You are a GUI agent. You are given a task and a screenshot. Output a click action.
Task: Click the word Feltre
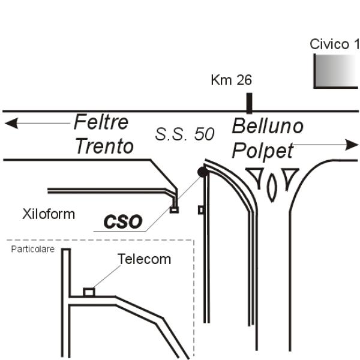pyautogui.click(x=101, y=122)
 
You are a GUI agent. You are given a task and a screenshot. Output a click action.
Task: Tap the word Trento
pyautogui.click(x=104, y=146)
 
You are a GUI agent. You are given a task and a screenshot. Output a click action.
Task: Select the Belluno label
pyautogui.click(x=268, y=127)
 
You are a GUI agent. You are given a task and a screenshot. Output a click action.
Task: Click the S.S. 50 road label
pyautogui.click(x=184, y=134)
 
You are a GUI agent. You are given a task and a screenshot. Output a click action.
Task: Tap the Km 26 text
pyautogui.click(x=231, y=80)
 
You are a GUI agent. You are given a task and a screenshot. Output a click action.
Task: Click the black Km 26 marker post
pyautogui.click(x=249, y=102)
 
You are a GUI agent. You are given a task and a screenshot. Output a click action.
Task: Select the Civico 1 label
pyautogui.click(x=334, y=44)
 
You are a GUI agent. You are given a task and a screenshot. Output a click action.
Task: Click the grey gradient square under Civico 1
pyautogui.click(x=336, y=71)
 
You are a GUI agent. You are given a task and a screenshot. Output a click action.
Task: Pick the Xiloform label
pyautogui.click(x=49, y=214)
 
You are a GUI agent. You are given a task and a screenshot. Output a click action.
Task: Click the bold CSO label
pyautogui.click(x=123, y=222)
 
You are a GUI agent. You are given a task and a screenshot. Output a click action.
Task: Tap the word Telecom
pyautogui.click(x=144, y=259)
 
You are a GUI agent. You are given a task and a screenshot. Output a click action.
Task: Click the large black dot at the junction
pyautogui.click(x=203, y=173)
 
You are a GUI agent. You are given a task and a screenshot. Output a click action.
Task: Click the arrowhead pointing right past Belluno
pyautogui.click(x=351, y=145)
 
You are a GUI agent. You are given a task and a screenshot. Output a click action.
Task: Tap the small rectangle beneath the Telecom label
pyautogui.click(x=89, y=292)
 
